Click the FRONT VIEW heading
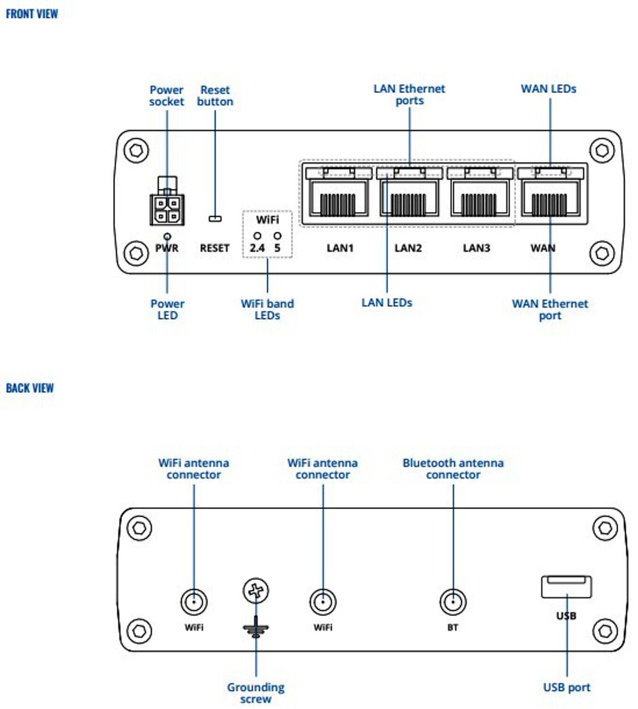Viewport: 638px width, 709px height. tap(32, 14)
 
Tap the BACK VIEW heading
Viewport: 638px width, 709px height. tap(30, 388)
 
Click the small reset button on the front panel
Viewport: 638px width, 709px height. tap(215, 219)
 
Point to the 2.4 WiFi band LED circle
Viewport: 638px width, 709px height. tap(257, 236)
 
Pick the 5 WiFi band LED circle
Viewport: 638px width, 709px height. tap(278, 236)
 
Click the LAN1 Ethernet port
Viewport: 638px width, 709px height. tap(339, 198)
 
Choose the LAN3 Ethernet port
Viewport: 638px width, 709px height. tap(480, 198)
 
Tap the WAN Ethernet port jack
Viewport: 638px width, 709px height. tap(551, 198)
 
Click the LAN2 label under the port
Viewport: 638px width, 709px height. tap(408, 248)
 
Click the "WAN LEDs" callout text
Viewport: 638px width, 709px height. tap(549, 89)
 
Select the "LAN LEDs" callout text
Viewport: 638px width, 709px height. tap(387, 303)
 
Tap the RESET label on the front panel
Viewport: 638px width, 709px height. tap(215, 248)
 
